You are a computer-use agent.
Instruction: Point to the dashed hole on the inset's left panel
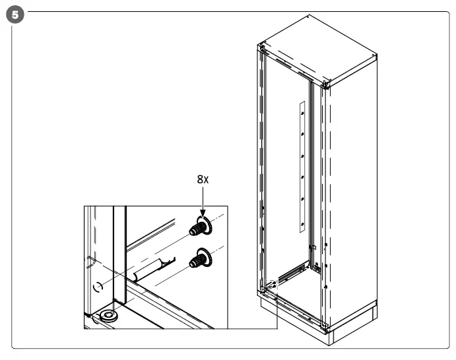pos(97,286)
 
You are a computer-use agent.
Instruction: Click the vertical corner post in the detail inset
pos(119,258)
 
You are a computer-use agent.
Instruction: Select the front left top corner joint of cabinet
pos(263,48)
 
